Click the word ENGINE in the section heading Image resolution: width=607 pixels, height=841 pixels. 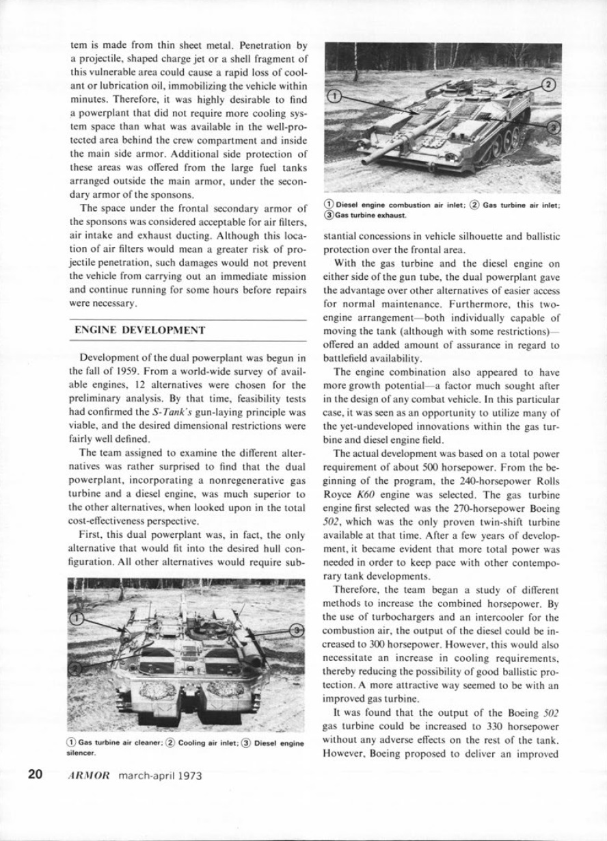point(103,330)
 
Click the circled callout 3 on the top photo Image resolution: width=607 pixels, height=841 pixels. point(554,126)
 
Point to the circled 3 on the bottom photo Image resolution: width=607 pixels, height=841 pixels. point(297,629)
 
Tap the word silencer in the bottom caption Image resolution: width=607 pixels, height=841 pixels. point(80,751)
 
